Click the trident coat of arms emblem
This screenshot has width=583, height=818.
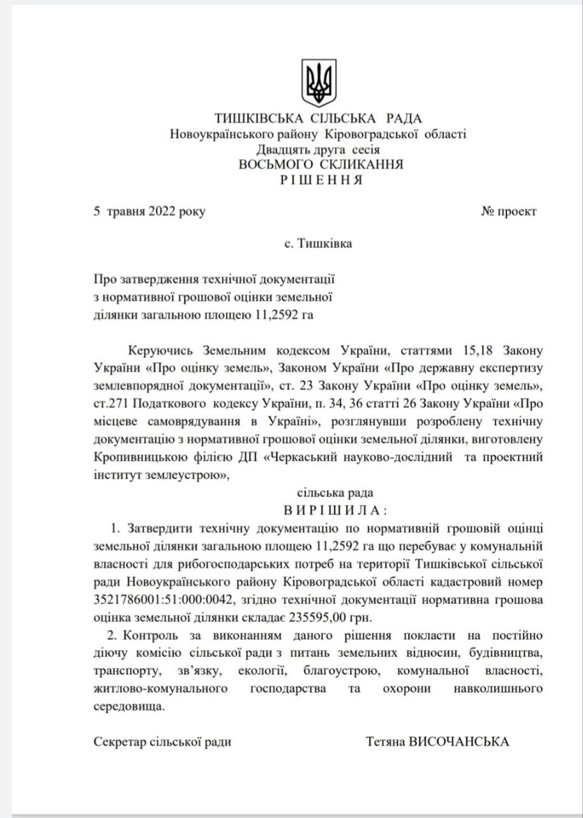tap(319, 84)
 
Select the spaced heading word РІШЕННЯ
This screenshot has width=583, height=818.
tap(321, 180)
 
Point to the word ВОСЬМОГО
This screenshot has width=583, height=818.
tap(272, 164)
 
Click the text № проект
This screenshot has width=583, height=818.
tap(509, 212)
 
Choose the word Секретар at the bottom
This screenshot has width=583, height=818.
tap(119, 742)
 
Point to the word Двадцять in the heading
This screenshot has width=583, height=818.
tap(282, 150)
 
